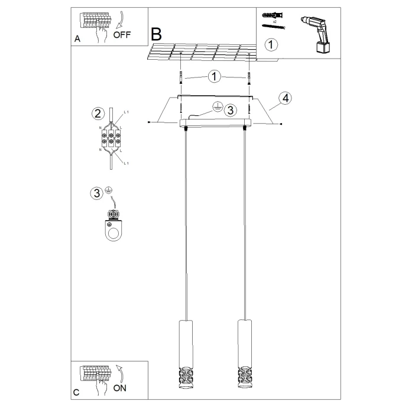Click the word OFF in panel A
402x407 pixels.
point(122,34)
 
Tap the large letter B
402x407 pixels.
point(156,34)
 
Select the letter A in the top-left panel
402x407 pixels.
point(77,39)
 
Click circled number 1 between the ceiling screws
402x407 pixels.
point(215,76)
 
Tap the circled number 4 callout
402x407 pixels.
point(285,98)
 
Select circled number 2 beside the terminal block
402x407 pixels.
point(97,114)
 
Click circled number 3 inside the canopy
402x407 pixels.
point(230,109)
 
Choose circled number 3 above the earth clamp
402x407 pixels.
point(97,192)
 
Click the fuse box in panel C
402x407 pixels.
point(94,374)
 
